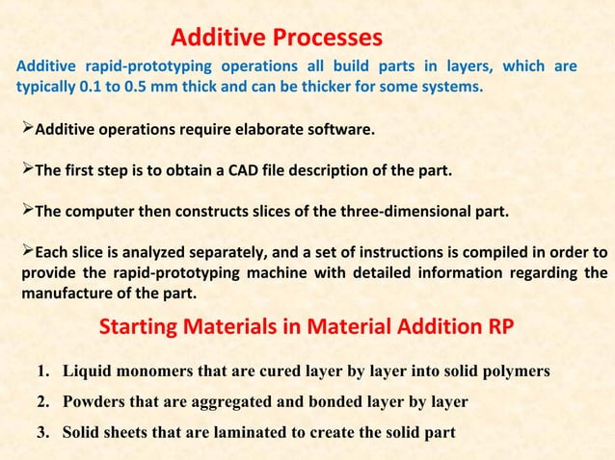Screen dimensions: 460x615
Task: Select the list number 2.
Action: [43, 401]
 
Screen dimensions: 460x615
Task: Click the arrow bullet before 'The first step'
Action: [27, 169]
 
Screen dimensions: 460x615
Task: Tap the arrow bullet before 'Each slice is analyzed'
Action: [27, 253]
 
